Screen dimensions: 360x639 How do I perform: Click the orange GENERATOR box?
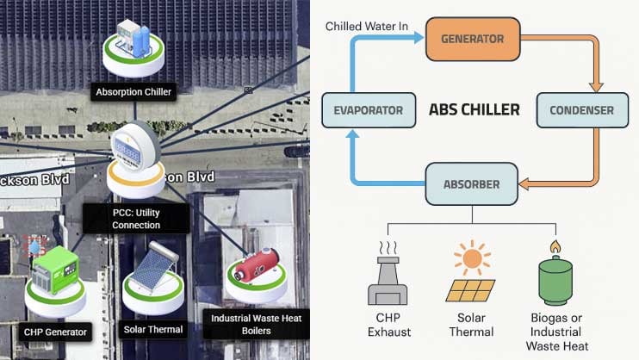tap(472, 39)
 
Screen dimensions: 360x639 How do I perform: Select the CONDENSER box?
tap(581, 110)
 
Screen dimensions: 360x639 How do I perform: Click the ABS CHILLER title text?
tap(475, 110)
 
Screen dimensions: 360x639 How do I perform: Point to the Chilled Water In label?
tap(367, 27)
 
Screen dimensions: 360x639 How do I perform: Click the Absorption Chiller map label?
tap(133, 90)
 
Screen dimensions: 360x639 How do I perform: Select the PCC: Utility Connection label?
tap(136, 219)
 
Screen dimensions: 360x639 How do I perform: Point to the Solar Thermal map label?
tap(152, 329)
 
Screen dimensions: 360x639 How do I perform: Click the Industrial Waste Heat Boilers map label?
tap(257, 324)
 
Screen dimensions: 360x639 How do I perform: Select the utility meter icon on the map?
tap(135, 149)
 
